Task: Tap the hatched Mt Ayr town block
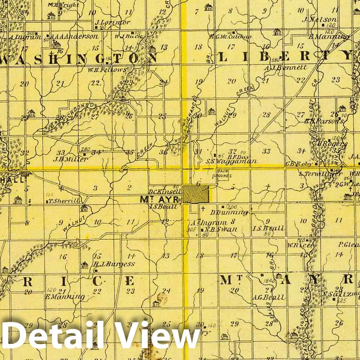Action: (196, 194)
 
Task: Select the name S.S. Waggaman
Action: (231, 161)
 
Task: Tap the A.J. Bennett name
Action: (286, 67)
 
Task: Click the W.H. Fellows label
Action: (107, 69)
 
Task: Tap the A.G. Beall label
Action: (268, 297)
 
